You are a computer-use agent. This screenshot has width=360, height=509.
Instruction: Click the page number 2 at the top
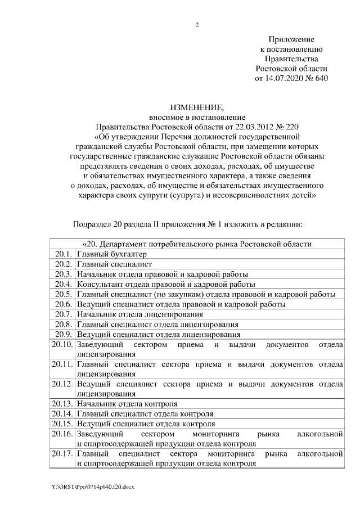coord(197,24)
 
